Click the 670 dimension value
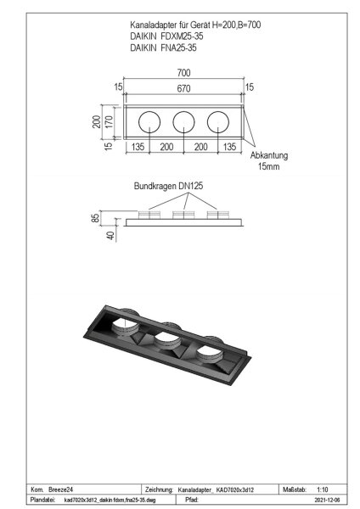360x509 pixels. (184, 87)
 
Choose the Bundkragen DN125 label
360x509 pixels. (168, 186)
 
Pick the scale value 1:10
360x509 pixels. (323, 489)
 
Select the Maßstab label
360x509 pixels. (293, 489)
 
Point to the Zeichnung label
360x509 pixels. (160, 490)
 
